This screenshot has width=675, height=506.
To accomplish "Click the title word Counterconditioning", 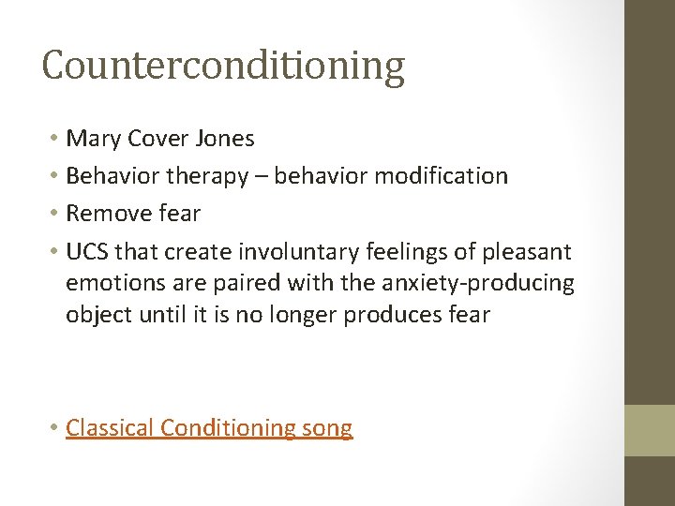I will point(223,66).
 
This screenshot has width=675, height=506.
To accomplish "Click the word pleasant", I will point(526,251).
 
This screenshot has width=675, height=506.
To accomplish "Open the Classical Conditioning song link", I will point(209,428).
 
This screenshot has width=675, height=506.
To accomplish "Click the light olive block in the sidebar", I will point(650,430).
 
